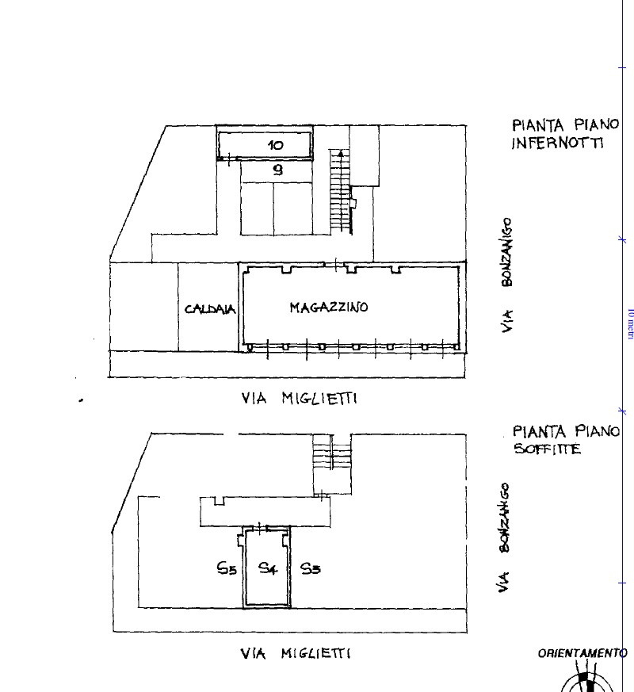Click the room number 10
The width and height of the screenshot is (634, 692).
(x=276, y=145)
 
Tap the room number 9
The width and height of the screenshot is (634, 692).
(x=277, y=170)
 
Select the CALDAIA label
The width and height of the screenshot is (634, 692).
(x=210, y=309)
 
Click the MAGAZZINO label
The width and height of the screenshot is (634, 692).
(x=329, y=308)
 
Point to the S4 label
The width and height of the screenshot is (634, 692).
(x=268, y=568)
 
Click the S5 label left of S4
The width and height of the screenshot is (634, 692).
(x=227, y=568)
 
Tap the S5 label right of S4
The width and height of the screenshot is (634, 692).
(x=311, y=568)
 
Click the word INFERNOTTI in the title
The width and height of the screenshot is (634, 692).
(x=557, y=143)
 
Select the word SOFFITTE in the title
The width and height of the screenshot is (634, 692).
(x=548, y=449)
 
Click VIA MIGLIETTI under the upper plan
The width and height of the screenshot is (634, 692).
(x=299, y=399)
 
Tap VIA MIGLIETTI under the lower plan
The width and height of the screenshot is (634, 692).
(x=296, y=653)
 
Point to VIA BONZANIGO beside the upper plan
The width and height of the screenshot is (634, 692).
(x=507, y=274)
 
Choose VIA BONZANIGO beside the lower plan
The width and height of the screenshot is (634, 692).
(x=504, y=537)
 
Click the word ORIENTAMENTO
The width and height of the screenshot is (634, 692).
(x=582, y=653)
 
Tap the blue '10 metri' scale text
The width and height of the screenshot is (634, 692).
(x=631, y=324)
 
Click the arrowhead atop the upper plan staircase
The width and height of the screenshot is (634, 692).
(x=341, y=154)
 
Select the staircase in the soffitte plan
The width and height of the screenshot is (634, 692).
(x=332, y=465)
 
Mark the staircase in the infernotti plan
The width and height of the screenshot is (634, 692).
(x=341, y=192)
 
